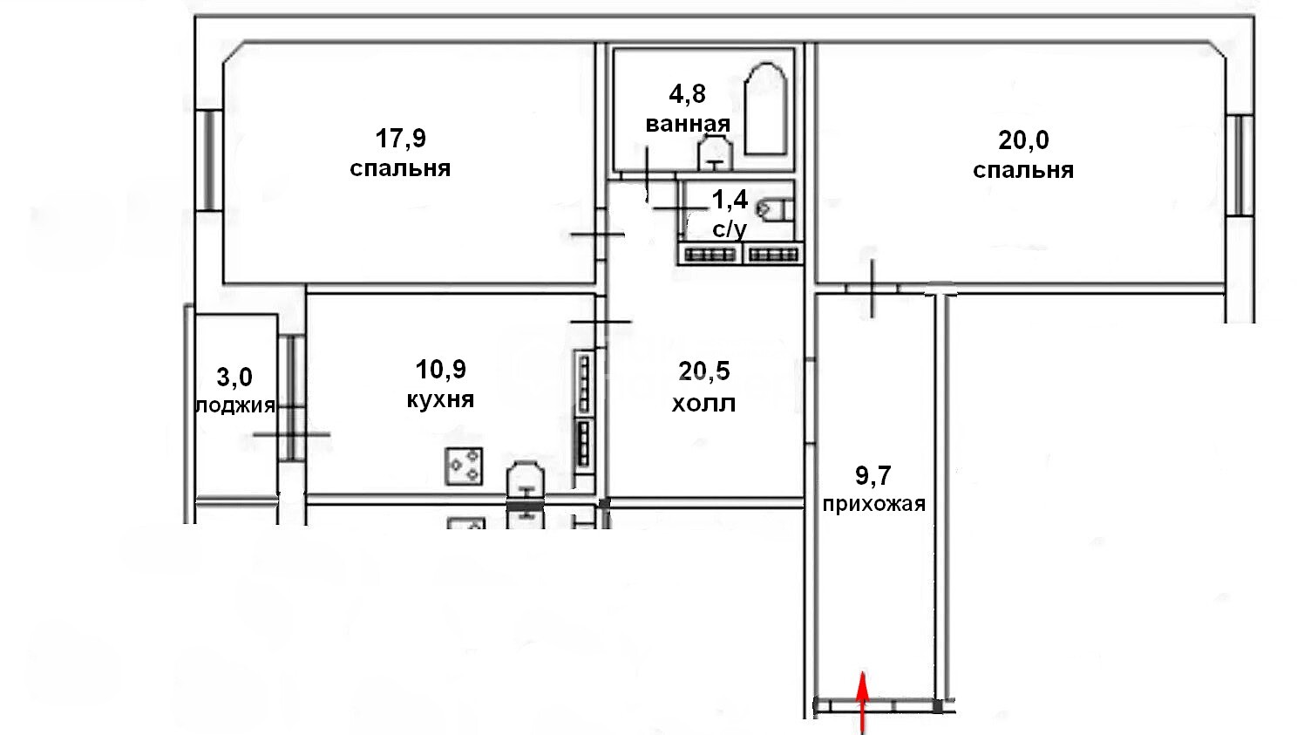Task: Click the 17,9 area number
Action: (400, 139)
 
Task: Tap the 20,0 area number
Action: (1023, 140)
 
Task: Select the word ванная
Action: (688, 124)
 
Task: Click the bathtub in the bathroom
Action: (765, 109)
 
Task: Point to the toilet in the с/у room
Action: (774, 209)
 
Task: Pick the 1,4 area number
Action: (730, 201)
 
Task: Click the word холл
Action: (703, 404)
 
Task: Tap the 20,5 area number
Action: (704, 371)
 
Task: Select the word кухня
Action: (440, 399)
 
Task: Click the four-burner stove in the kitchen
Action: (463, 466)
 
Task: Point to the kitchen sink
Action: (526, 480)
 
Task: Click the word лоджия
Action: (235, 406)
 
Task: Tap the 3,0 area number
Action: (234, 378)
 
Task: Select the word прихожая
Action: (873, 505)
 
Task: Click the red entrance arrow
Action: (863, 703)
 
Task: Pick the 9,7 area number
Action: (873, 476)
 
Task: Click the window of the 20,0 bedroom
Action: (1239, 166)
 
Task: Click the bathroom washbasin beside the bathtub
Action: (715, 153)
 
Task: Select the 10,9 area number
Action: (441, 370)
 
